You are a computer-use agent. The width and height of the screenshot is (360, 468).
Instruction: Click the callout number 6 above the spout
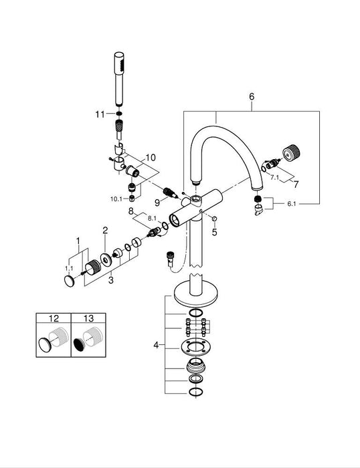point(252,97)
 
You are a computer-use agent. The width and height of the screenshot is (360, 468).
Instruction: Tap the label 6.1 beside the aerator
point(291,204)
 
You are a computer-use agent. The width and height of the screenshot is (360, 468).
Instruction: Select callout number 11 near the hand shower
point(100,114)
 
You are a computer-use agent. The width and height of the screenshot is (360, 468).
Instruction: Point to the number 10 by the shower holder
point(151,157)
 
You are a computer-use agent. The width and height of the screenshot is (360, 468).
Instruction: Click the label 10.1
point(116,199)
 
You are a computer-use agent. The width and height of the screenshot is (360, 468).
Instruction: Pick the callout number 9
point(157,203)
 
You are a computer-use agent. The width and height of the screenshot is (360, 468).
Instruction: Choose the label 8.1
point(152,219)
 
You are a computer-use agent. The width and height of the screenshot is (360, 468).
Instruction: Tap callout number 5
point(215,232)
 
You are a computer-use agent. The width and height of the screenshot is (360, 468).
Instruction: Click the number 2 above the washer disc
point(105,230)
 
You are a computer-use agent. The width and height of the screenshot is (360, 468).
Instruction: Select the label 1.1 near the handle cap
point(69,268)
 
